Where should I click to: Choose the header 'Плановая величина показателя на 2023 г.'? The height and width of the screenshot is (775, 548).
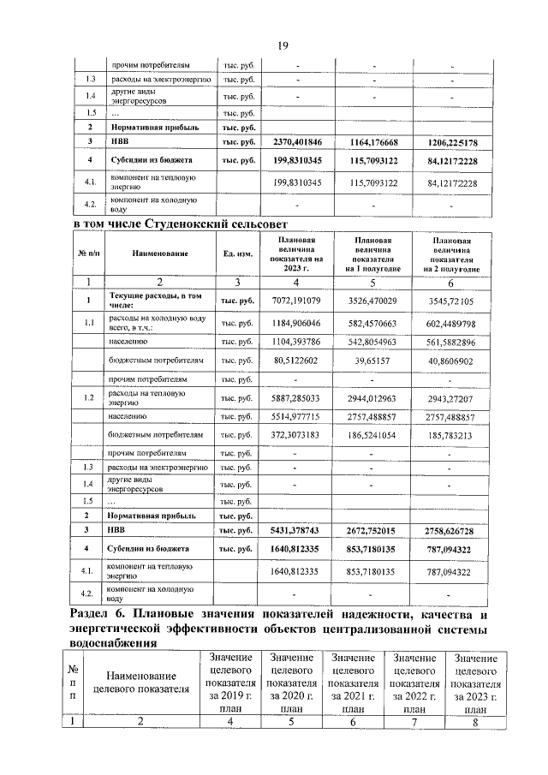[296, 253]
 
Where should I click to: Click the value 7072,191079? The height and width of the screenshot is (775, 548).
[296, 301]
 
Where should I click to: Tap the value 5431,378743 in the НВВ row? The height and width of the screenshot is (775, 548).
[296, 531]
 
